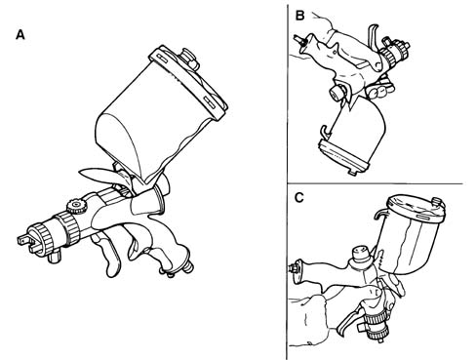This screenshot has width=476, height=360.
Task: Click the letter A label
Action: pyautogui.click(x=20, y=34)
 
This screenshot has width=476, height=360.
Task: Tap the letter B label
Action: pyautogui.click(x=299, y=16)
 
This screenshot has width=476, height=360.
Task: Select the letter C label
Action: pyautogui.click(x=298, y=197)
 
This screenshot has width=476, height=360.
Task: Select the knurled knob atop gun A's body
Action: pyautogui.click(x=75, y=207)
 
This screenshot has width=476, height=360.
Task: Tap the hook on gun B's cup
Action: pyautogui.click(x=325, y=131)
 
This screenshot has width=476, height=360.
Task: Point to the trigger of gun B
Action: pyautogui.click(x=374, y=35)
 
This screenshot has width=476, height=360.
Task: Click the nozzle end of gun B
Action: pyautogui.click(x=403, y=46)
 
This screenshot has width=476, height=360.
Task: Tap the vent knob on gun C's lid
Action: pyautogui.click(x=440, y=202)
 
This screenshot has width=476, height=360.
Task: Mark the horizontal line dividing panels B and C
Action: pyautogui.click(x=375, y=183)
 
